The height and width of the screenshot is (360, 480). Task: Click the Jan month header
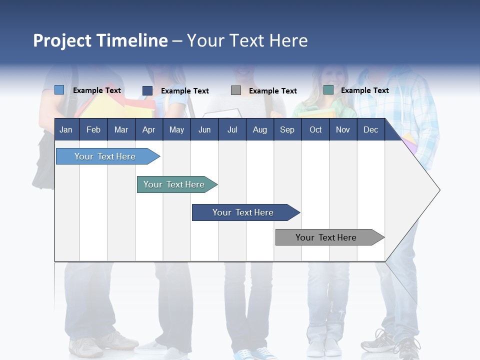point(66,129)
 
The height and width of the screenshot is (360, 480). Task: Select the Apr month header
point(148,129)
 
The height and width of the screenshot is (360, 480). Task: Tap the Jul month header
point(232,129)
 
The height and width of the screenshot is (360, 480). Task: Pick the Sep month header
point(287,129)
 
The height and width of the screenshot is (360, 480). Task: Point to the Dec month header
point(370,129)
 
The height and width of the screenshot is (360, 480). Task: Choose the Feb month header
point(93,129)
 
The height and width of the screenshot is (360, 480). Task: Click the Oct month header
point(315,129)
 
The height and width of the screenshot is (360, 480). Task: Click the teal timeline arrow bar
point(175,184)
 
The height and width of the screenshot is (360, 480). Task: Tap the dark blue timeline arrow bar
point(244,212)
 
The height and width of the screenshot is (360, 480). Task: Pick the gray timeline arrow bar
point(327,237)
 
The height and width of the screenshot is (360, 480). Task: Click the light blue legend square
point(59,90)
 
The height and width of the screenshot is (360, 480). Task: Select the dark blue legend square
point(147,90)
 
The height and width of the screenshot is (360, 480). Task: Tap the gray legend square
point(236,90)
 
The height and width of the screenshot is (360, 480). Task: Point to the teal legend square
point(328,90)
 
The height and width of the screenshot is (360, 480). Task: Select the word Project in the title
point(62,40)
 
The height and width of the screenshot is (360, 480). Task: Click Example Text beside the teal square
point(364,90)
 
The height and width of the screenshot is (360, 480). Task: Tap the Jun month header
point(204,129)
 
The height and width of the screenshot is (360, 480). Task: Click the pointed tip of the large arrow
point(438,190)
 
